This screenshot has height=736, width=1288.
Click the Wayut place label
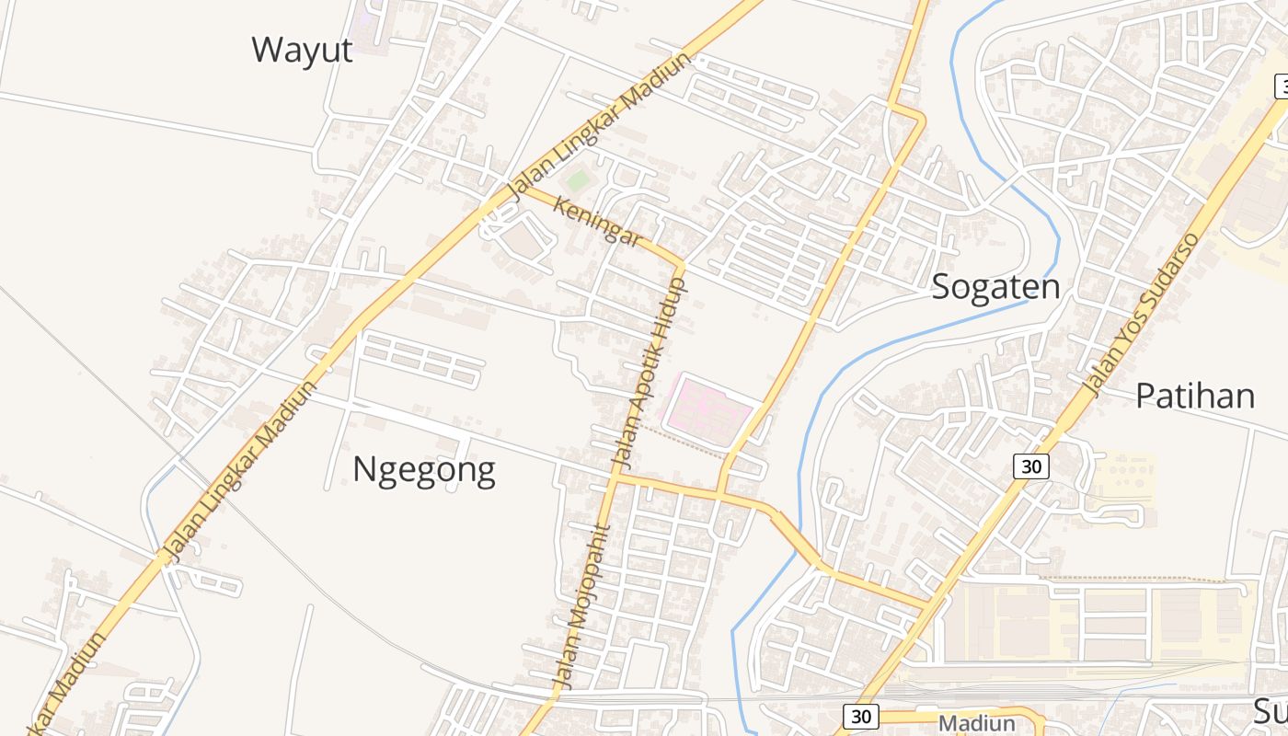click(x=302, y=50)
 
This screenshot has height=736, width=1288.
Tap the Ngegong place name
click(x=424, y=470)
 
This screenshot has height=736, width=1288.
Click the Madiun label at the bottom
click(x=976, y=723)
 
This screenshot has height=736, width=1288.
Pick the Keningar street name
click(x=597, y=221)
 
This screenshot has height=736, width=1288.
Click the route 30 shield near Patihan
click(x=1031, y=466)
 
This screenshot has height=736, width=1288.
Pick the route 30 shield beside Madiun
click(x=860, y=717)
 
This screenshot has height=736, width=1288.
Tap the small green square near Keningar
click(x=577, y=180)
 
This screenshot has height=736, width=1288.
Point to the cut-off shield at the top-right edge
click(x=1281, y=87)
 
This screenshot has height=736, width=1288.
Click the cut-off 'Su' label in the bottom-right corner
click(x=1271, y=710)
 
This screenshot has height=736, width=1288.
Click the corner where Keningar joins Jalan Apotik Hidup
click(x=682, y=264)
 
